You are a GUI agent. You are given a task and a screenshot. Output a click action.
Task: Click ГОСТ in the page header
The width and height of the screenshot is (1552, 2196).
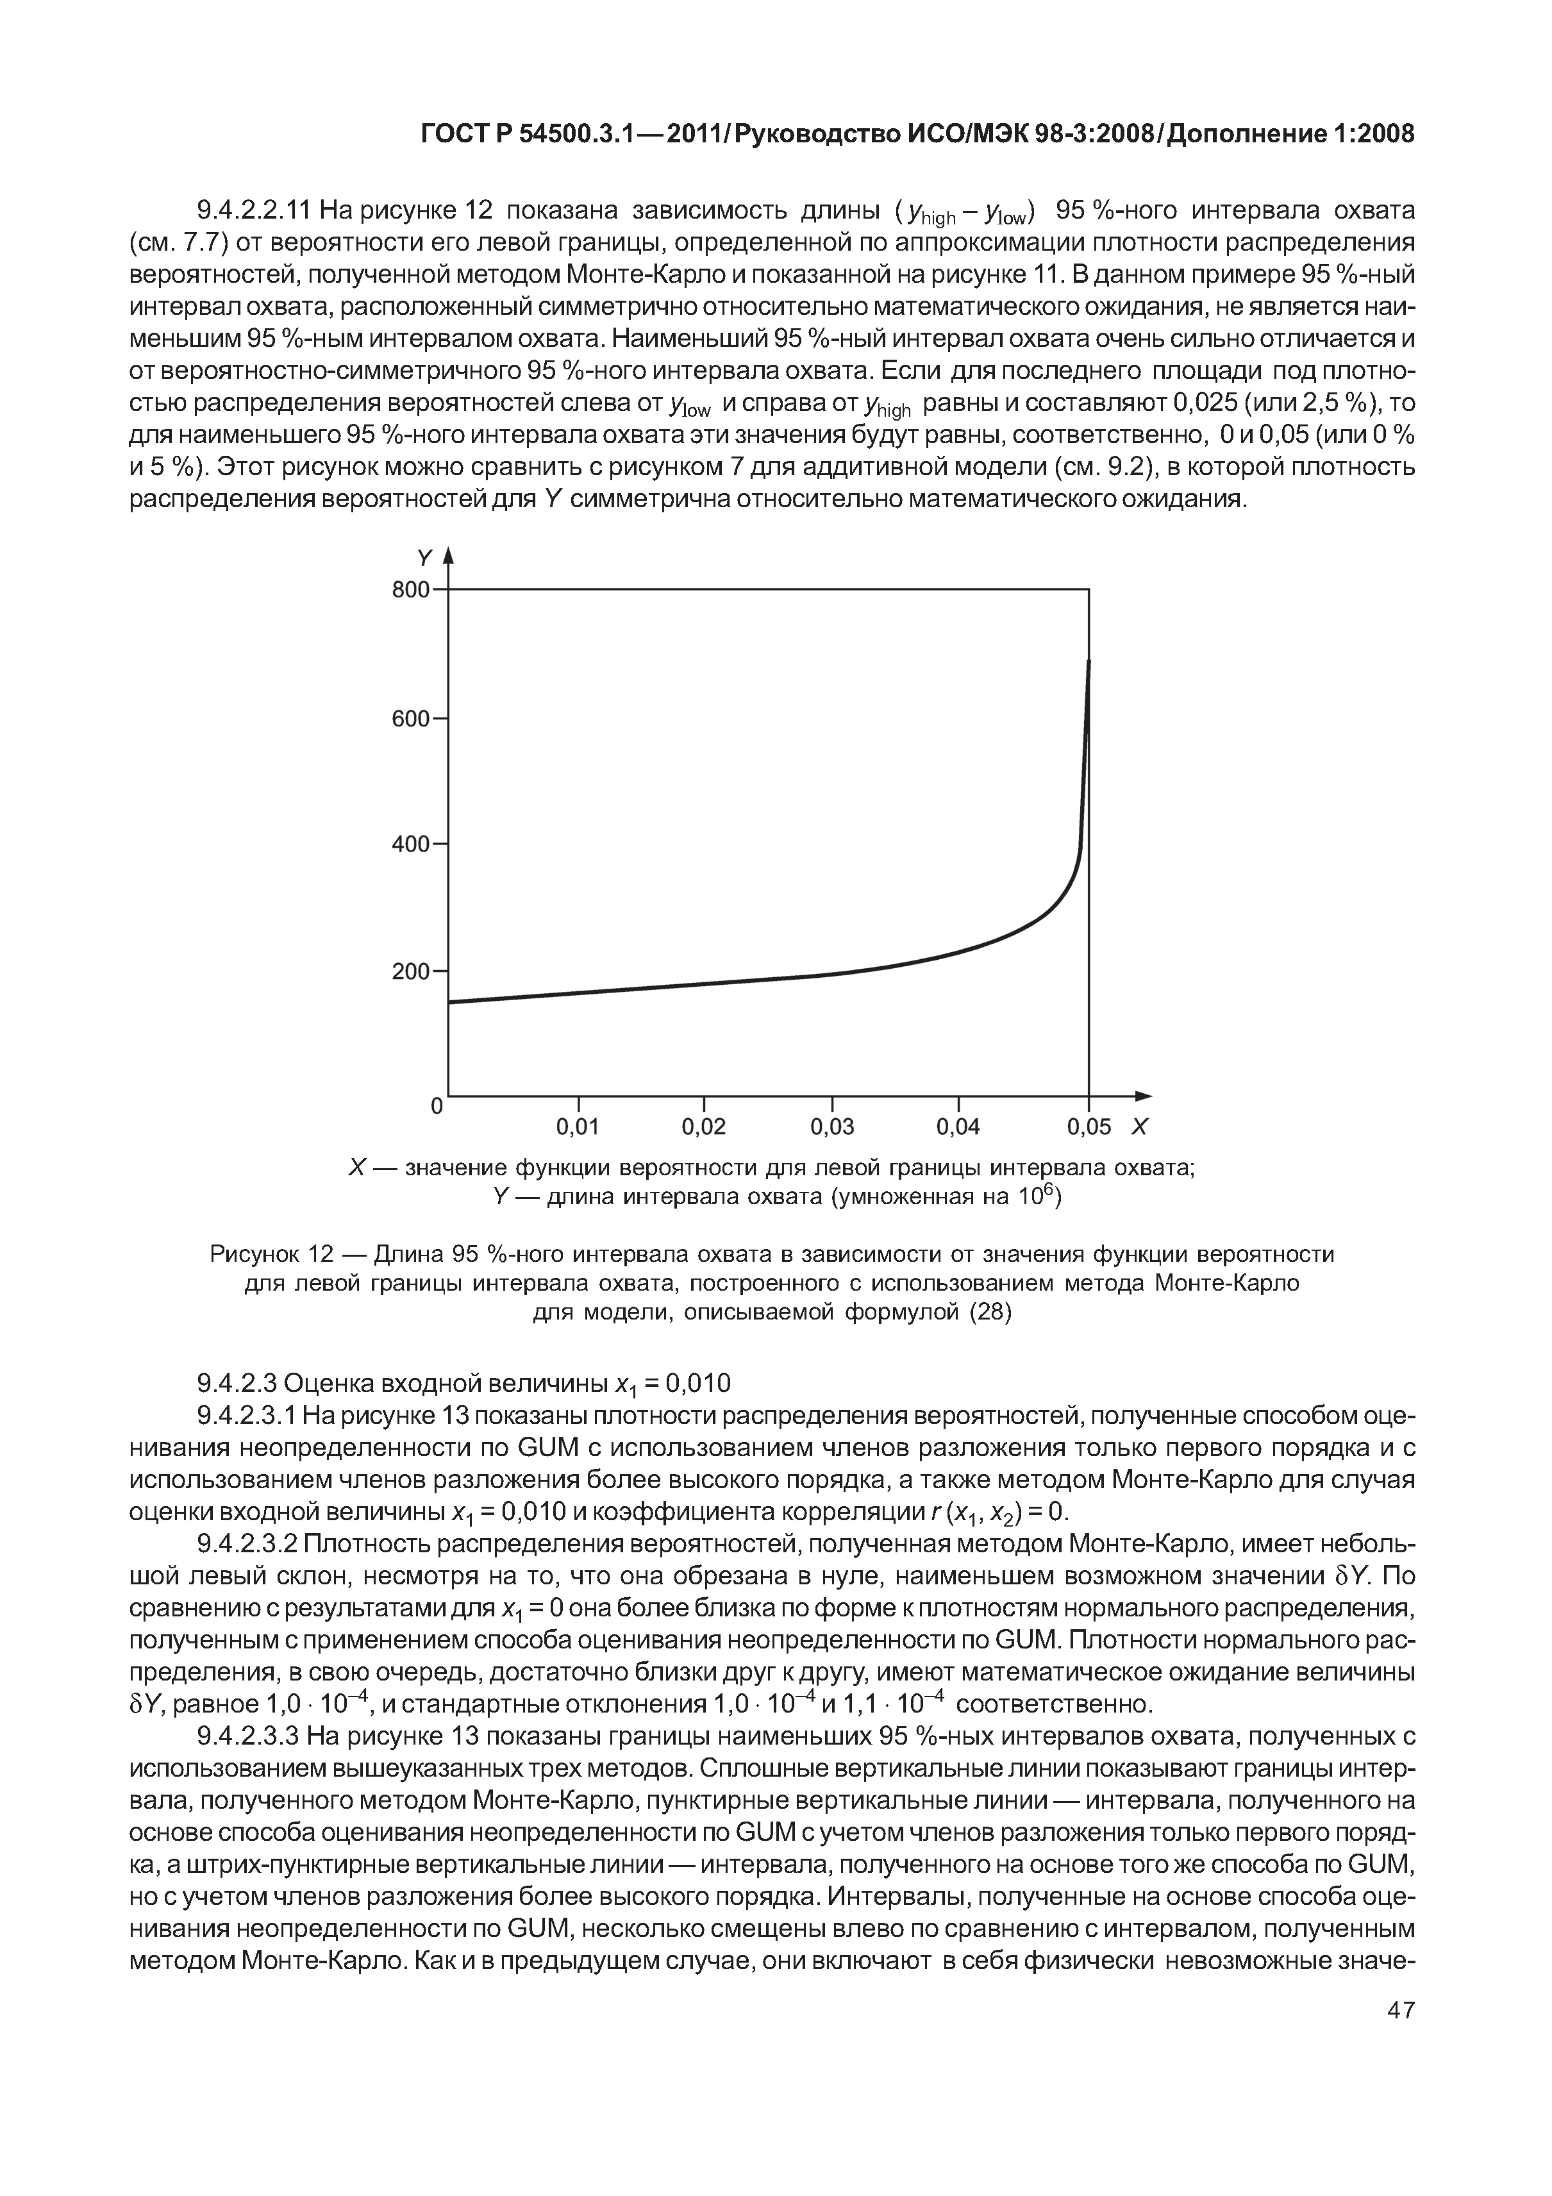click(455, 135)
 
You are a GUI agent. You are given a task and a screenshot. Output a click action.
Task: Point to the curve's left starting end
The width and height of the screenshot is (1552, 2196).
click(451, 1002)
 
